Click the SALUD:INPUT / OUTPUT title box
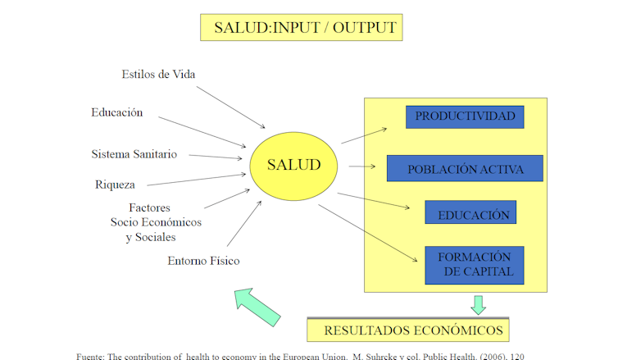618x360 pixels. [x=305, y=27]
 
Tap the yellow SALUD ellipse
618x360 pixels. [x=294, y=165]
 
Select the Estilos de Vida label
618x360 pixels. [x=158, y=75]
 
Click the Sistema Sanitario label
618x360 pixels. [x=134, y=154]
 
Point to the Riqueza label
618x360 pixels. [x=115, y=185]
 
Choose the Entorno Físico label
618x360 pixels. [x=203, y=262]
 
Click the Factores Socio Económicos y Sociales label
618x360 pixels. [x=156, y=223]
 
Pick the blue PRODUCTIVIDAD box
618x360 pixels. [x=465, y=116]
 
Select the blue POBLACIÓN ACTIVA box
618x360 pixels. [x=465, y=169]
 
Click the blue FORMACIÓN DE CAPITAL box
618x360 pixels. [x=475, y=264]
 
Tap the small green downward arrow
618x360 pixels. [x=478, y=305]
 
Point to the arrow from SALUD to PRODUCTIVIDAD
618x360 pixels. [x=364, y=135]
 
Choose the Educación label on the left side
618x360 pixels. [x=117, y=112]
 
